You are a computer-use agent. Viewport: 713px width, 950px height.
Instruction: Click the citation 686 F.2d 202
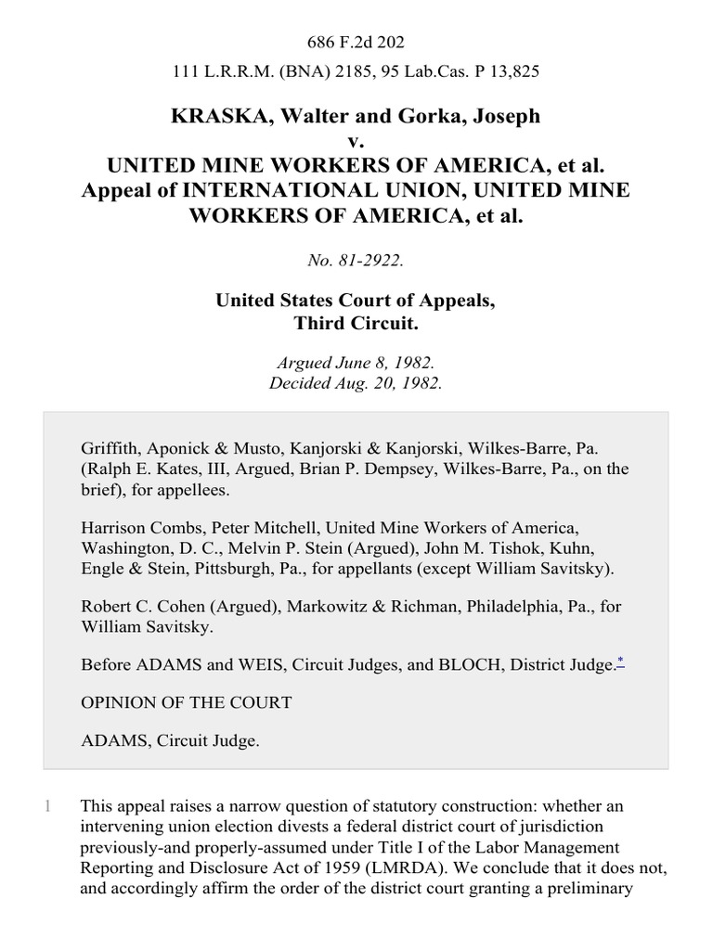click(x=356, y=43)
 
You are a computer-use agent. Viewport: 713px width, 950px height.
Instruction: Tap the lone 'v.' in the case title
click(x=356, y=141)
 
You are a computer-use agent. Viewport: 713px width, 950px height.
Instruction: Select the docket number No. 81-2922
click(x=356, y=261)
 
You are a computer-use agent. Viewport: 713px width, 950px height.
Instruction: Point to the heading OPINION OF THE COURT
click(x=186, y=702)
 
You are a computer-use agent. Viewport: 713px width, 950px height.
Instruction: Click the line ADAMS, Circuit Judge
click(x=169, y=741)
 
